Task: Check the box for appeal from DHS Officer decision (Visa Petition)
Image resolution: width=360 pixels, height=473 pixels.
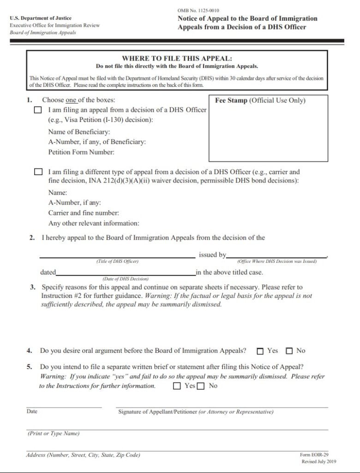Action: (38, 110)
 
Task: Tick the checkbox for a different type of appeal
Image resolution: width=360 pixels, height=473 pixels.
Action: (38, 172)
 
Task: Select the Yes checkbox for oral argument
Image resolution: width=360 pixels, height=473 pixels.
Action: (260, 351)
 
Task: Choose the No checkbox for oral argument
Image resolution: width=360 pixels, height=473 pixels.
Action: (289, 351)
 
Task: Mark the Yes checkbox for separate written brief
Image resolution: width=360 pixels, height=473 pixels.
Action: (177, 386)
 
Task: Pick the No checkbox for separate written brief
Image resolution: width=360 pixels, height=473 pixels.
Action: (201, 386)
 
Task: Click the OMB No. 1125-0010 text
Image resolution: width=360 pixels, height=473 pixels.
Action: (199, 10)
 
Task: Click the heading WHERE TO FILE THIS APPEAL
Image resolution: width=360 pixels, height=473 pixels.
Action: (177, 59)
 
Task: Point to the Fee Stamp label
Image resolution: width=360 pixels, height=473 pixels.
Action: (231, 100)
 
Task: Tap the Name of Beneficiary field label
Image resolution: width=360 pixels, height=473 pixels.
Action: (79, 132)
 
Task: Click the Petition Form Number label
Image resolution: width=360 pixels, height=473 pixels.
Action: (81, 152)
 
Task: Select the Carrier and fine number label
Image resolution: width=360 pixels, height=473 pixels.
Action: (84, 213)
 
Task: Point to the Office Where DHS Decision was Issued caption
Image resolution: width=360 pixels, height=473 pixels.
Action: (277, 261)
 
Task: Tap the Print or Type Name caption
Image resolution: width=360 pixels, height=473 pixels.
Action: (54, 433)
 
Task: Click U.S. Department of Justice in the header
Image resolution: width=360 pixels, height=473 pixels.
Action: (37, 18)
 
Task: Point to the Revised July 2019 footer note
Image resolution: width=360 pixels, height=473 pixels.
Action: (319, 461)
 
